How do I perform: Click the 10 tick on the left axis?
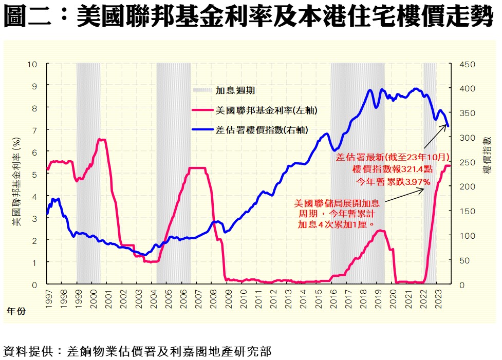point(33,64)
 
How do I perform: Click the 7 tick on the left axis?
point(35,130)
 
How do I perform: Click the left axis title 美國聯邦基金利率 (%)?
point(16,182)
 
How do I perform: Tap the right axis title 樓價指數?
point(486,154)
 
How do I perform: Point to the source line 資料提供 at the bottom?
point(137,351)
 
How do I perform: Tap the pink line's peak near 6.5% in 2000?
point(102,139)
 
